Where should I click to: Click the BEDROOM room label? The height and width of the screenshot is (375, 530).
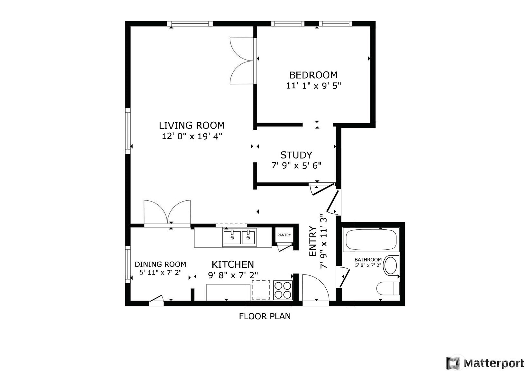pos(313,75)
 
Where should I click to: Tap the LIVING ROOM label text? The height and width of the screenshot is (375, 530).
pos(192,125)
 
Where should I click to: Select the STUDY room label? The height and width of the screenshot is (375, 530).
pos(296,155)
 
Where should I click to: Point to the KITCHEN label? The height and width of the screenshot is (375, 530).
pos(233,264)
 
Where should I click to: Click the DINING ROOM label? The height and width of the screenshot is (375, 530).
pos(160,264)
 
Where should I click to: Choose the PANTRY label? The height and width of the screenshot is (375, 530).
pos(284,235)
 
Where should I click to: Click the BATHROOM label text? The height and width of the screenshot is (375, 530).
pos(368,260)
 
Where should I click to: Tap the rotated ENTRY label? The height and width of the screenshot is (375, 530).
pos(313,241)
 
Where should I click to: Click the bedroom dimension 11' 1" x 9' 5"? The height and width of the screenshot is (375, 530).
pos(313,86)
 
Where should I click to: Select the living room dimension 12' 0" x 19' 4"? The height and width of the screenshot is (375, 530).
pos(192,136)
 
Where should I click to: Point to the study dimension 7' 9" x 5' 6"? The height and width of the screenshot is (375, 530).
pos(296,166)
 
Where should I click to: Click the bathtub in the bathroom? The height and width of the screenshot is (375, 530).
pos(371,239)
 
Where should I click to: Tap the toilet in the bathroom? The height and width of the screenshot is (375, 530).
pos(388,288)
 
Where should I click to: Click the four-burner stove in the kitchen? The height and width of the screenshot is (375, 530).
pos(283,290)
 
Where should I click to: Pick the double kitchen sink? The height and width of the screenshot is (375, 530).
pos(239,238)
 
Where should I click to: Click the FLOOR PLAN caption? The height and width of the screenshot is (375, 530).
pos(265,316)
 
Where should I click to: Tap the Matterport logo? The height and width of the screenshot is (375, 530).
pos(485,363)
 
